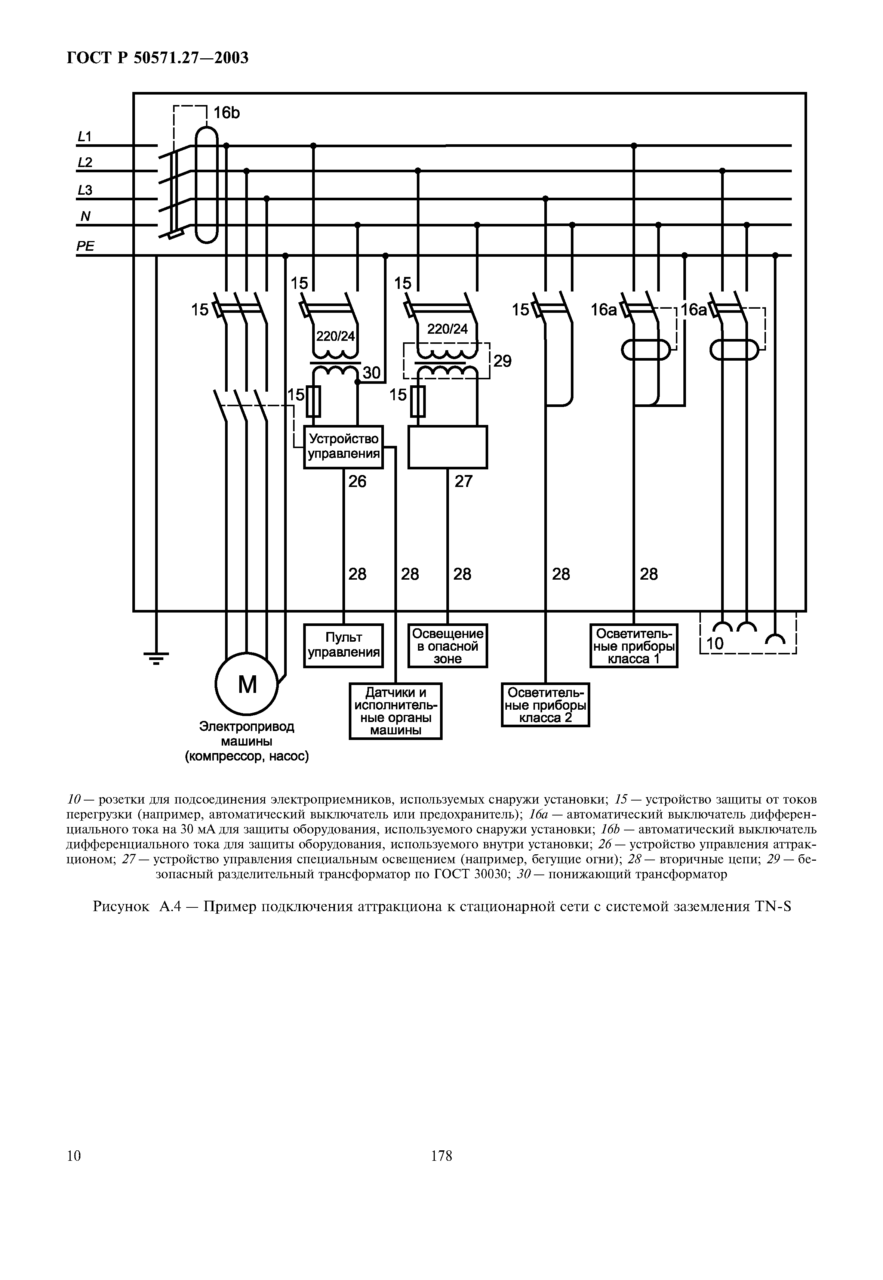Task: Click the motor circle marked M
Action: click(247, 685)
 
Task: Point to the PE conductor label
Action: click(85, 246)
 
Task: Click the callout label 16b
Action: click(227, 113)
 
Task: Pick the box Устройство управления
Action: click(344, 446)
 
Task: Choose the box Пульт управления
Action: click(344, 645)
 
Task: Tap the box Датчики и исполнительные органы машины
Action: click(396, 711)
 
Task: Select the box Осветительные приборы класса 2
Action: click(545, 705)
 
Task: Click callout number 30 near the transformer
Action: click(372, 373)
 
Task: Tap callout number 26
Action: click(357, 481)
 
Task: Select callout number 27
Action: click(464, 481)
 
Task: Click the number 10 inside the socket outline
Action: click(716, 643)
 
